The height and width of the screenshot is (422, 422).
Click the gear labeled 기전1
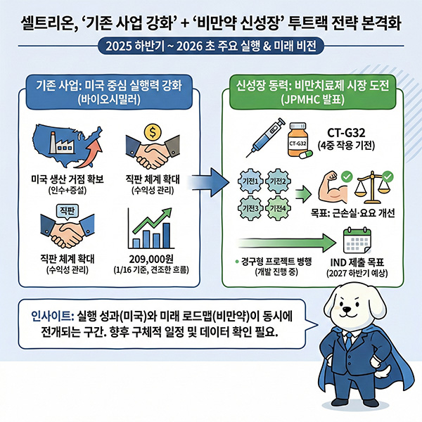250,181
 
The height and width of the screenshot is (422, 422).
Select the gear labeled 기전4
278,208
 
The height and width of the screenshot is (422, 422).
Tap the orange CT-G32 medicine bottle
298,139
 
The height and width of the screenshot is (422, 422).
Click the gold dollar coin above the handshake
153,132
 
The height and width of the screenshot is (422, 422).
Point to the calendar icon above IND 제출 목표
357,241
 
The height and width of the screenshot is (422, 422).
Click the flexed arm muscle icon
333,188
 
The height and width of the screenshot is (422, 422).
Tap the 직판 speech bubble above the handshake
67,211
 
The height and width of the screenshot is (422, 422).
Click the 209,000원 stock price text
151,259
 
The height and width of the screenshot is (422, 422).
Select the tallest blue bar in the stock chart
166,236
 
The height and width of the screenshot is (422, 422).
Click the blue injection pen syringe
266,137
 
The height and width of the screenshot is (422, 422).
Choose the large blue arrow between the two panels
208,182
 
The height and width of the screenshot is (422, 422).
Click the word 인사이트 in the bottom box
53,316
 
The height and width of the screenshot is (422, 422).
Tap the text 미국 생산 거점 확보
68,179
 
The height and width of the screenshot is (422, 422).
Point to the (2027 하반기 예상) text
357,274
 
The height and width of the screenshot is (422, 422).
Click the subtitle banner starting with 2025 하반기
211,46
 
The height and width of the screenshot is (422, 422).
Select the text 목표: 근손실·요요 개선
353,213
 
